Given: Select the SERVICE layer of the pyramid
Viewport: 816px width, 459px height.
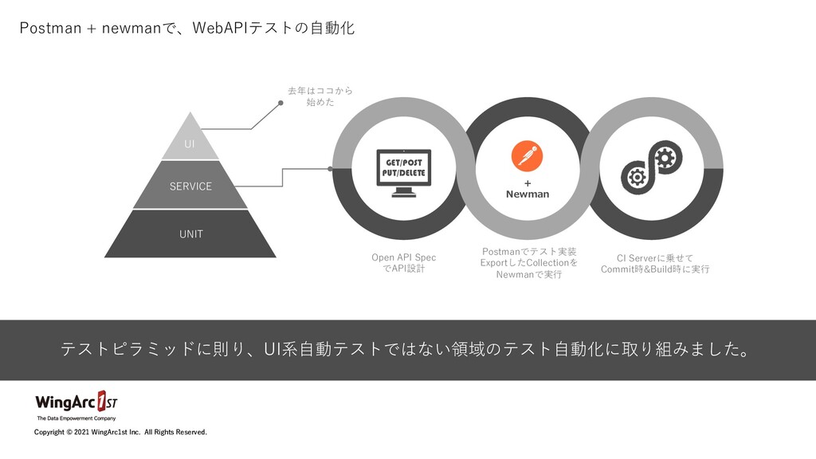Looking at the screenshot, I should (x=190, y=186).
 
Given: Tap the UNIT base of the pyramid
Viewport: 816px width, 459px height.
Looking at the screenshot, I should (x=190, y=233).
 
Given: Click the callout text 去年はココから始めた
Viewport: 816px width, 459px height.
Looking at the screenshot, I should (x=320, y=96).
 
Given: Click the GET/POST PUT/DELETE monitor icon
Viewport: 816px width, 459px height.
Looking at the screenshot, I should (x=403, y=174).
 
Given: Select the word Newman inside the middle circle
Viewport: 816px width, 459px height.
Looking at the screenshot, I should (x=527, y=194).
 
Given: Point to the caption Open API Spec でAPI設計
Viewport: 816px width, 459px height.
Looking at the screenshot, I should (x=403, y=263).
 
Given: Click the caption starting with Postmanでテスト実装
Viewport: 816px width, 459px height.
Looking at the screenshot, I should (x=528, y=263).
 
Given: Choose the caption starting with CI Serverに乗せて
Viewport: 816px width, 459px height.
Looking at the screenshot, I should (x=655, y=263).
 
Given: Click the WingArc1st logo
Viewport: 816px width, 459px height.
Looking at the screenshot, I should (x=76, y=401).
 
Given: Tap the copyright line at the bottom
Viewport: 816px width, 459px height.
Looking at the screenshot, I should (x=120, y=432).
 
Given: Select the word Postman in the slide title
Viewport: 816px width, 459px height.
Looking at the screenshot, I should (x=49, y=29).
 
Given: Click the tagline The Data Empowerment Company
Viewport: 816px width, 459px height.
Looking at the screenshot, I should (x=76, y=418).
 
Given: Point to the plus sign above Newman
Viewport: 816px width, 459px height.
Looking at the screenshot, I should (x=527, y=182).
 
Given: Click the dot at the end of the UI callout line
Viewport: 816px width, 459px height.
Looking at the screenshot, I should (x=280, y=102).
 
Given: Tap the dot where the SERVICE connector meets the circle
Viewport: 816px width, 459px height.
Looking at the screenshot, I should (x=330, y=168).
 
